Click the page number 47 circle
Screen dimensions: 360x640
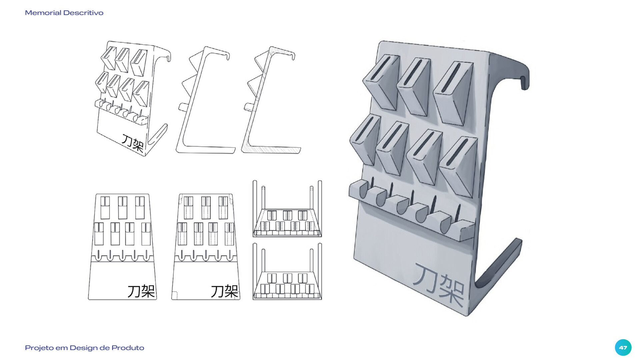[623, 347]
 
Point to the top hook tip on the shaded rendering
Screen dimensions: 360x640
[524, 83]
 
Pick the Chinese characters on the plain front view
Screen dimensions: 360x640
[141, 291]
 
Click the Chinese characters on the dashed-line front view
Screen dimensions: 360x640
[225, 291]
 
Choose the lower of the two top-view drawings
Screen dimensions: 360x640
[287, 272]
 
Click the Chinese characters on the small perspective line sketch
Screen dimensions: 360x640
[133, 143]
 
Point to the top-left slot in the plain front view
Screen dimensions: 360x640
[105, 207]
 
